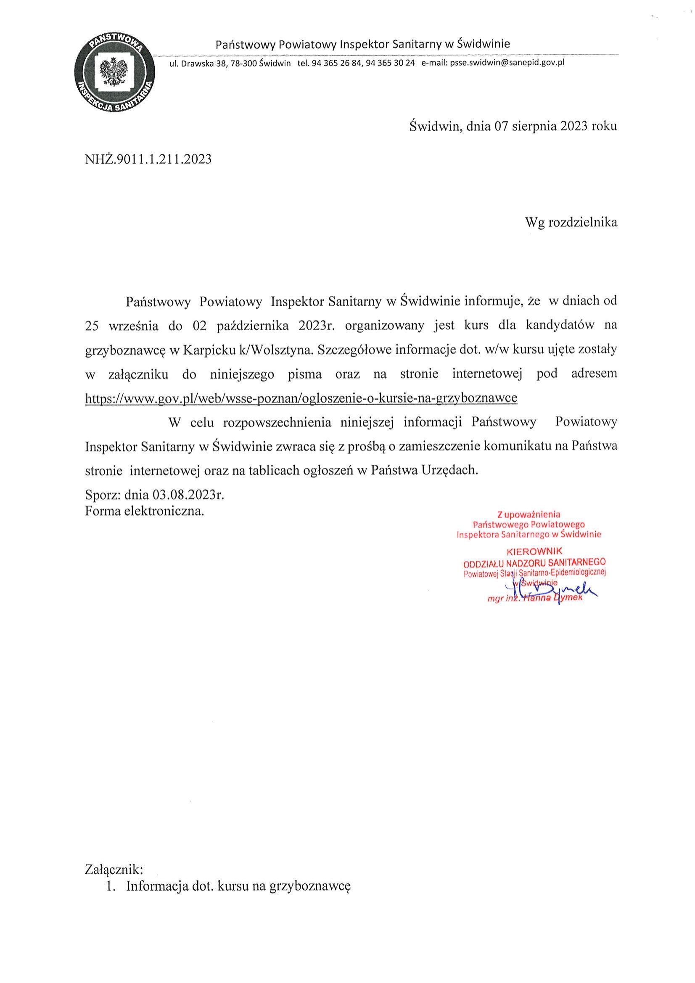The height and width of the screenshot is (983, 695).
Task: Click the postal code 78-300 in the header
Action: click(x=247, y=64)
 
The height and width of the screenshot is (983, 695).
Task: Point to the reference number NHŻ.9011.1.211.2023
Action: click(x=148, y=160)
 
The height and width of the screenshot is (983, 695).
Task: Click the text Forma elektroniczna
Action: click(x=145, y=511)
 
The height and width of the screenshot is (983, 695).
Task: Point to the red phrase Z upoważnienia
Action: click(x=529, y=514)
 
